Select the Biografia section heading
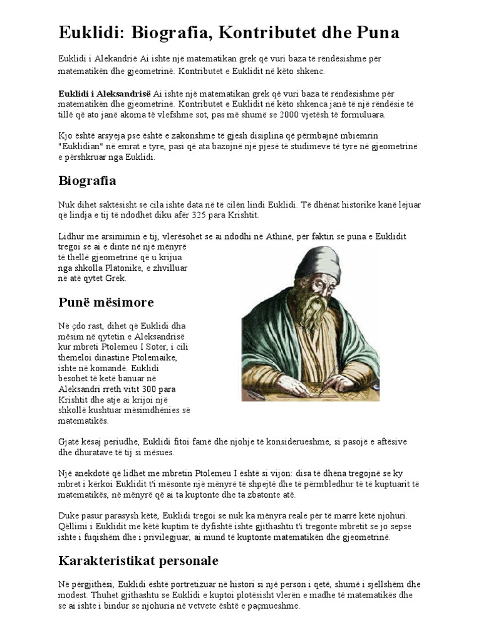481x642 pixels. click(x=87, y=181)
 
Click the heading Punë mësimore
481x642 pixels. click(x=106, y=302)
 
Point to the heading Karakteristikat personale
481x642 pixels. click(x=138, y=560)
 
